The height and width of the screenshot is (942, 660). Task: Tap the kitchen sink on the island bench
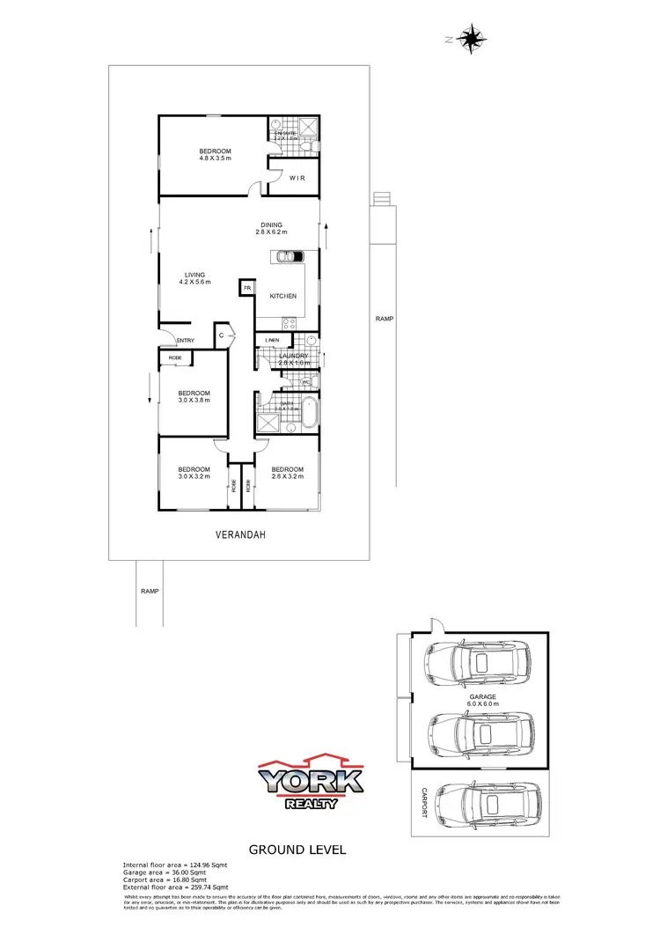pos(288,257)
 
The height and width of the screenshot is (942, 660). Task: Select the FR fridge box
pos(247,288)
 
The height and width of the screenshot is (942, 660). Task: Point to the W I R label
pos(297,179)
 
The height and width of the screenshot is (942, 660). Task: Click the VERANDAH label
pos(240,534)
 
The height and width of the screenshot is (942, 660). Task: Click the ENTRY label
pos(186,341)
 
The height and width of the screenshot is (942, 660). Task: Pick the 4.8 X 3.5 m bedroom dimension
pos(215,159)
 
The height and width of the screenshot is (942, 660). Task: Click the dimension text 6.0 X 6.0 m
pos(483,704)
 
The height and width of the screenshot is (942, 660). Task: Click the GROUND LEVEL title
pos(297,850)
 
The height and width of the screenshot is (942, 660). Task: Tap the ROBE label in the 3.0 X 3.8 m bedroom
pos(175,357)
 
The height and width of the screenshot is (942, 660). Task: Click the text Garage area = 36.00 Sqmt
pos(165,872)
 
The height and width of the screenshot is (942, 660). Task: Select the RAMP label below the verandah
pos(149,591)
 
